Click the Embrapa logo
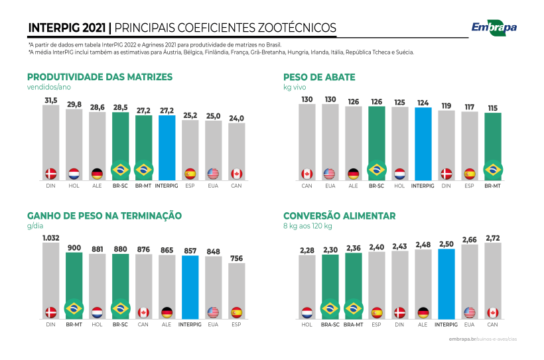[494, 27]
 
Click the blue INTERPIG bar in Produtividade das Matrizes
[166, 146]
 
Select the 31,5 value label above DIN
[51, 101]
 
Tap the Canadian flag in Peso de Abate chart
[306, 174]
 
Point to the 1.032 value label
[51, 237]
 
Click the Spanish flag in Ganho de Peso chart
[236, 312]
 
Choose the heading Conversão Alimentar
[339, 215]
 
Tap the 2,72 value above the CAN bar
[492, 237]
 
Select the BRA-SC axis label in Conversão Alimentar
[330, 324]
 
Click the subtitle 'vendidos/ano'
[48, 87]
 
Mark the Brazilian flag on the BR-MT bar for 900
[74, 308]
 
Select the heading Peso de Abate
[319, 77]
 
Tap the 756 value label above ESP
[236, 258]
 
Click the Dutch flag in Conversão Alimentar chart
[306, 312]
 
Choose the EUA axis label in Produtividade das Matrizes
[213, 186]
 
